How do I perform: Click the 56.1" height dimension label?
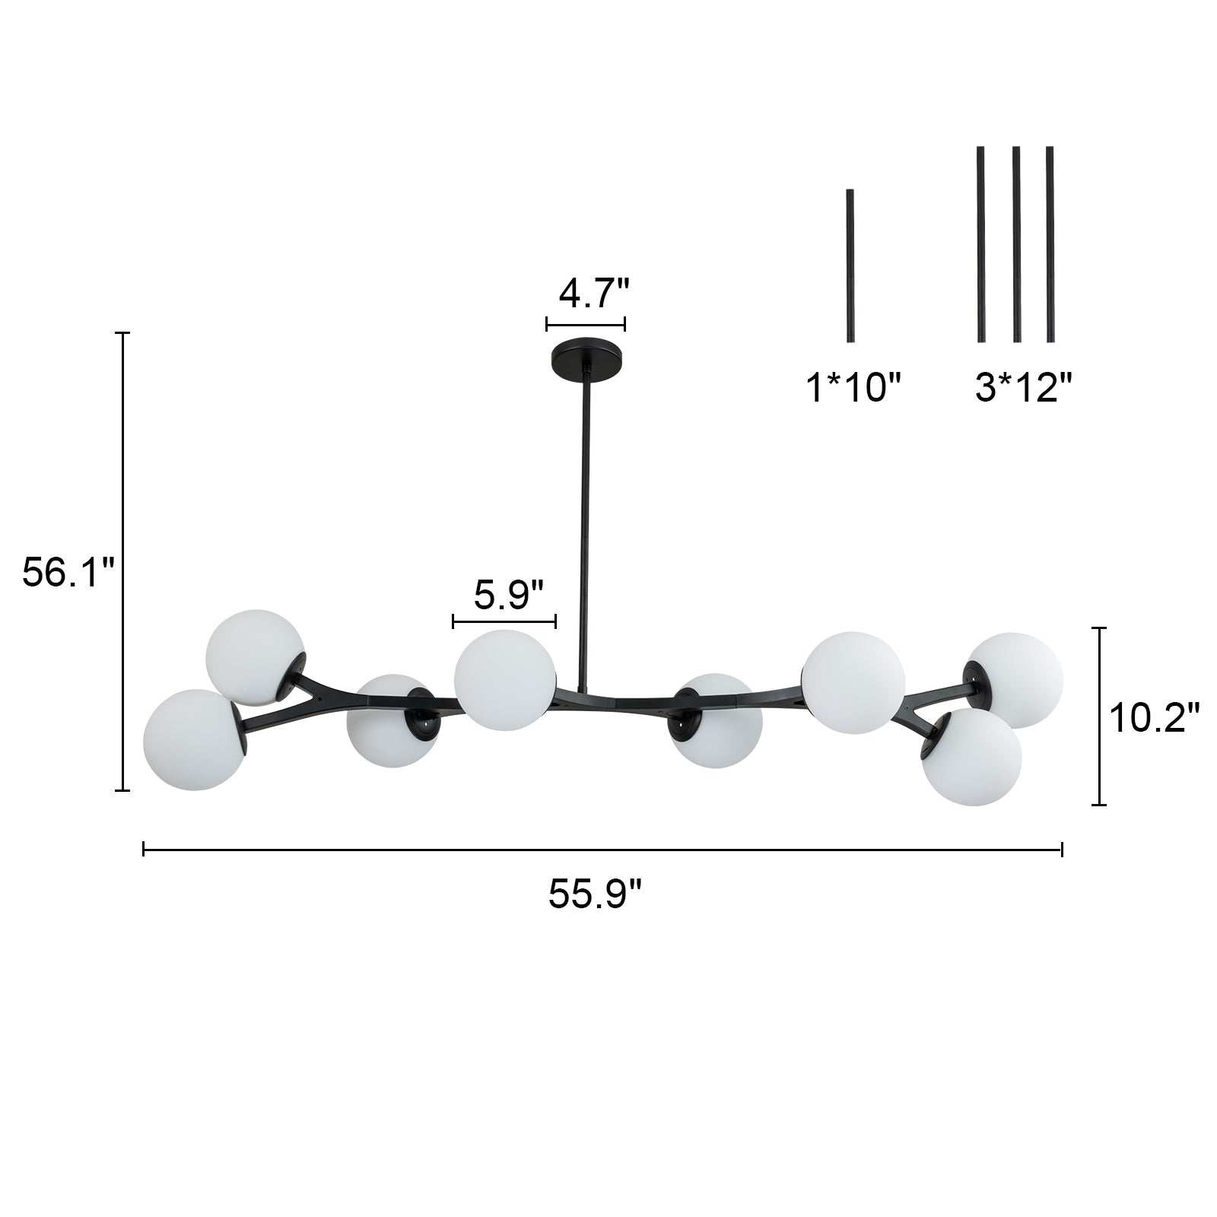[68, 572]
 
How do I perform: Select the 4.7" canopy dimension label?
[594, 293]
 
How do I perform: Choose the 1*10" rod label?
[853, 389]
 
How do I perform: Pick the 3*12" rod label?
[1023, 389]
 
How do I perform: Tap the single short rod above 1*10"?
[850, 265]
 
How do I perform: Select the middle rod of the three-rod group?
[1016, 244]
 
